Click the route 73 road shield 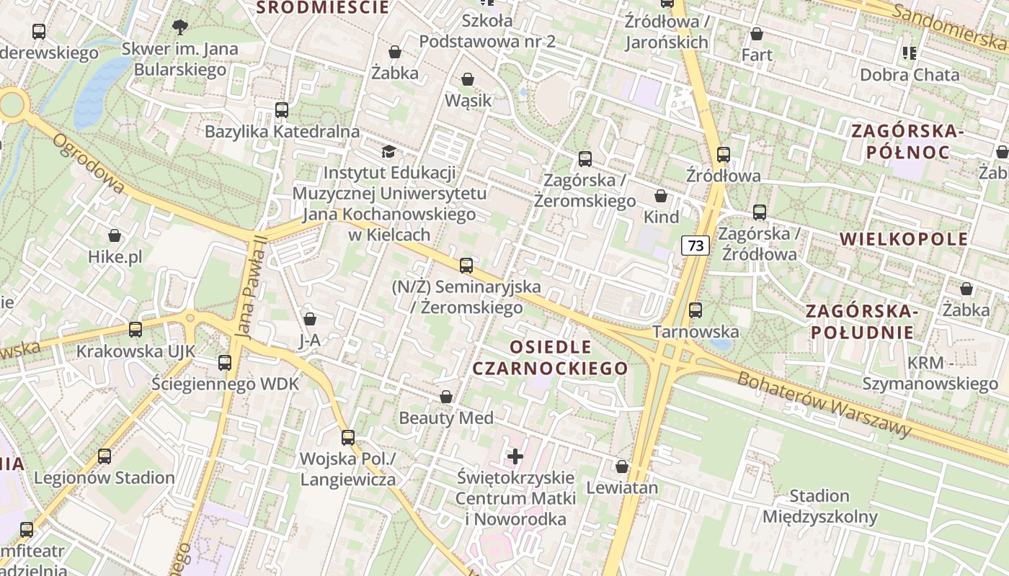point(695,246)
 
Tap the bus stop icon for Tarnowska point(695,310)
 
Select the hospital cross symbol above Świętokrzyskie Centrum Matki point(515,456)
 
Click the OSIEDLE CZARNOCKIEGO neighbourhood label point(550,358)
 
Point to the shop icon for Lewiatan point(622,467)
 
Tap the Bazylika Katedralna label point(282,132)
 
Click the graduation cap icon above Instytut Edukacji point(389,152)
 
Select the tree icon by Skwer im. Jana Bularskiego point(180,27)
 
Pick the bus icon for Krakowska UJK point(135,330)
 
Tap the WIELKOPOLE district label point(904,239)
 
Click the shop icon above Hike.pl point(115,236)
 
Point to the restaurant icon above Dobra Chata point(910,53)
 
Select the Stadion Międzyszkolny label point(819,506)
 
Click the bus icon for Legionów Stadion point(105,456)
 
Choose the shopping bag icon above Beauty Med point(446,397)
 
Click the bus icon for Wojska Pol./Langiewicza point(348,438)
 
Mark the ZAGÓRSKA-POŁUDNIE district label point(861,322)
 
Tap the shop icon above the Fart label point(757,34)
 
